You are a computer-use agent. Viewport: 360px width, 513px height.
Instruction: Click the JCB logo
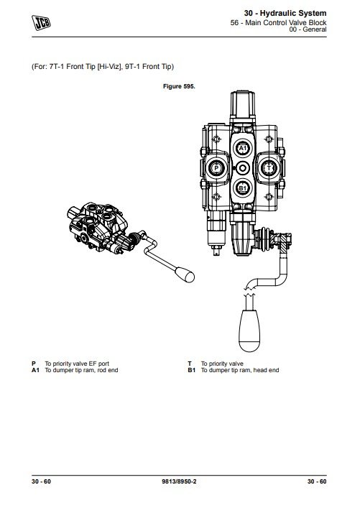tap(41, 22)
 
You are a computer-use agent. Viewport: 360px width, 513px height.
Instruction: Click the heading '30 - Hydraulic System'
tap(285, 14)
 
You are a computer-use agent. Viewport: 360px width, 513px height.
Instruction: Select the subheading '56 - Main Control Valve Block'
tap(278, 22)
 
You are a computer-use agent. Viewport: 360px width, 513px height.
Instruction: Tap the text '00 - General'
tap(308, 29)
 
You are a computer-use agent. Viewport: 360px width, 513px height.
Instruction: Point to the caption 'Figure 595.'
tap(179, 86)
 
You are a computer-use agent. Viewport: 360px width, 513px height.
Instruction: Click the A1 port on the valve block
tap(242, 149)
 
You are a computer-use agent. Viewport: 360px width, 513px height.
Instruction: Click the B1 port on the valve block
tap(242, 188)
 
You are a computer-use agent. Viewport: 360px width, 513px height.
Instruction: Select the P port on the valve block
tap(216, 168)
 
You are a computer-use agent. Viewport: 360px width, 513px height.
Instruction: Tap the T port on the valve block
tap(269, 168)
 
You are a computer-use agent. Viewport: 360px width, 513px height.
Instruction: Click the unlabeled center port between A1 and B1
tap(242, 169)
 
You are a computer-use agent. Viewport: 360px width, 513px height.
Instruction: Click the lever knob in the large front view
tap(249, 331)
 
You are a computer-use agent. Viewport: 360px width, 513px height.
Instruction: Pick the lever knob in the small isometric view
tap(185, 274)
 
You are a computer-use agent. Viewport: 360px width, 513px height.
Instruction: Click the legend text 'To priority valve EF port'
tap(77, 364)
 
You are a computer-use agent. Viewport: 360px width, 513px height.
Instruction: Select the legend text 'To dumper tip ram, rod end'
tap(81, 370)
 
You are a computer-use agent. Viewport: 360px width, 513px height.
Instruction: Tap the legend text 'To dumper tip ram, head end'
tap(240, 370)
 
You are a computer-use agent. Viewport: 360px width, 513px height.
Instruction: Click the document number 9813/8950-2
tap(179, 481)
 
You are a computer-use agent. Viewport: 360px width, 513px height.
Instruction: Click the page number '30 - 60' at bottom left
tap(41, 481)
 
